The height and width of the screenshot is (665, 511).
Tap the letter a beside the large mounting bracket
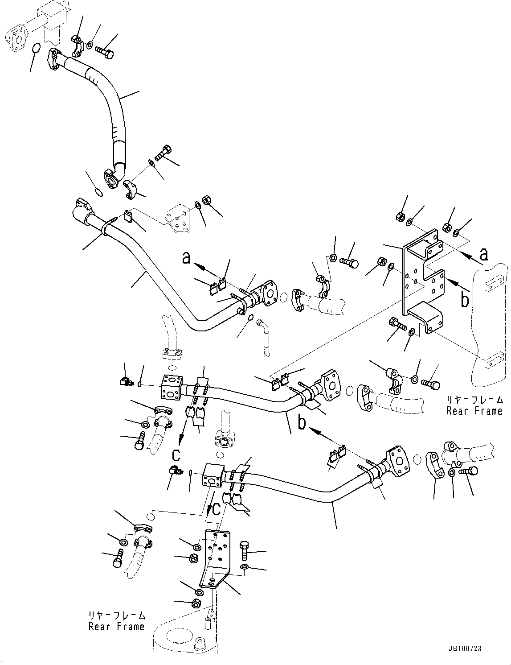[x=483, y=254]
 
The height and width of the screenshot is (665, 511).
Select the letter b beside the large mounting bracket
[x=465, y=301]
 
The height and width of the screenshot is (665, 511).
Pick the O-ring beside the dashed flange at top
[x=37, y=47]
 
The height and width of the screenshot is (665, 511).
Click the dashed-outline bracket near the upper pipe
[x=177, y=220]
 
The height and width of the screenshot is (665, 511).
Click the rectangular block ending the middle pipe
[x=171, y=386]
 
